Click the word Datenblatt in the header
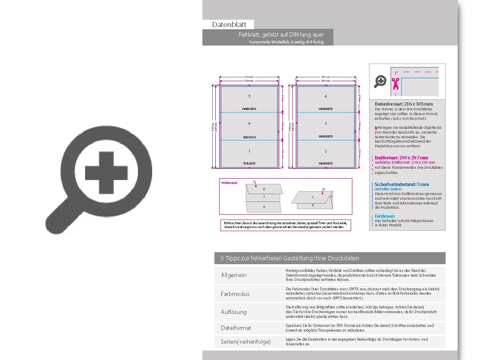point(229,25)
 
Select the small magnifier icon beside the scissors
point(380,81)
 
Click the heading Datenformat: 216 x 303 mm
point(404,104)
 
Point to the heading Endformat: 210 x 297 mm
point(401,158)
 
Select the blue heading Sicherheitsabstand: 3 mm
point(401,184)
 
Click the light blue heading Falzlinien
point(384,216)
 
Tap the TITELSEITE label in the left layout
point(249,164)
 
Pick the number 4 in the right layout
point(325,96)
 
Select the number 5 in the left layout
point(249,96)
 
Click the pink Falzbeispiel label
point(229,183)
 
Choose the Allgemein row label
point(234,275)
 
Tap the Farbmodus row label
point(235,294)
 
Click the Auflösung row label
point(234,312)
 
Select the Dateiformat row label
point(236,328)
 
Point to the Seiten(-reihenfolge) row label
point(246,342)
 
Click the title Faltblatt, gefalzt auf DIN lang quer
point(281,34)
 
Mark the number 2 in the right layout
point(325,151)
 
